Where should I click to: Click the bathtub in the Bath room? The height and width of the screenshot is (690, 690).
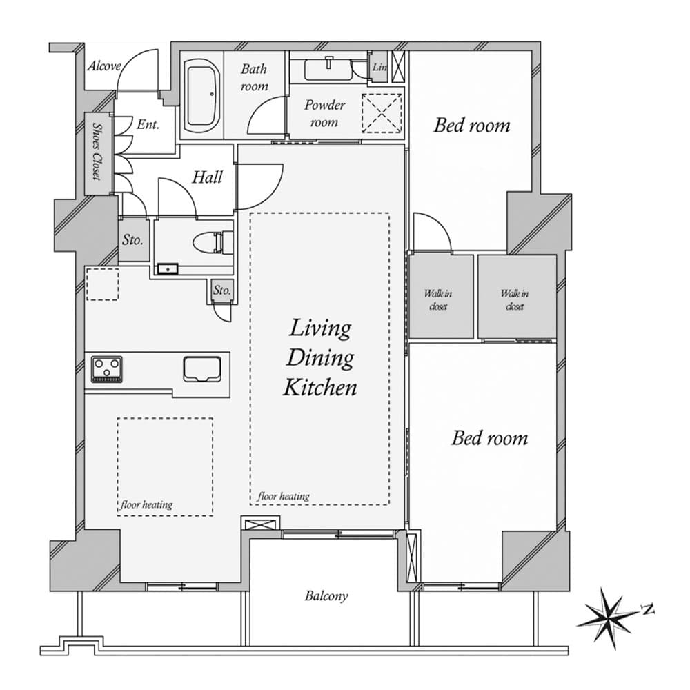point(202,95)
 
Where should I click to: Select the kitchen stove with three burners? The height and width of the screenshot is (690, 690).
point(106,368)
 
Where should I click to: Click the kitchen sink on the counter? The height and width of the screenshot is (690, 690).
point(202,369)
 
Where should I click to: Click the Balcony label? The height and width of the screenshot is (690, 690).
point(326,596)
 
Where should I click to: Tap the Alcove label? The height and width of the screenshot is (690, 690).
point(104,66)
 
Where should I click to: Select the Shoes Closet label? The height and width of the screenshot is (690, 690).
point(97,151)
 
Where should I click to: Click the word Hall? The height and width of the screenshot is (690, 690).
point(207,177)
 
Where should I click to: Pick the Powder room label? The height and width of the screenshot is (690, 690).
point(325,113)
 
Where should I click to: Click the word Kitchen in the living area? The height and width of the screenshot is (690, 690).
point(320,388)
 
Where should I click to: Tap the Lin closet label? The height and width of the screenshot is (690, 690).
point(379,67)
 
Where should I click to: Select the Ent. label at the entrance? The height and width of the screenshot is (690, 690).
point(148,124)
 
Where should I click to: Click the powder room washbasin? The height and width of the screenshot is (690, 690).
point(328,69)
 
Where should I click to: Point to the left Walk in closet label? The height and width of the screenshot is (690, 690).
point(438,299)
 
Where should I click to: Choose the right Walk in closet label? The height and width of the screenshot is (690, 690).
point(515,299)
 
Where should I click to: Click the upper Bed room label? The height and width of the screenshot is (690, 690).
point(472,126)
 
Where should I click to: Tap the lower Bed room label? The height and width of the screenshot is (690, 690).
point(490,438)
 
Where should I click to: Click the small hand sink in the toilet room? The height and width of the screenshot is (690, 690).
point(167,268)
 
